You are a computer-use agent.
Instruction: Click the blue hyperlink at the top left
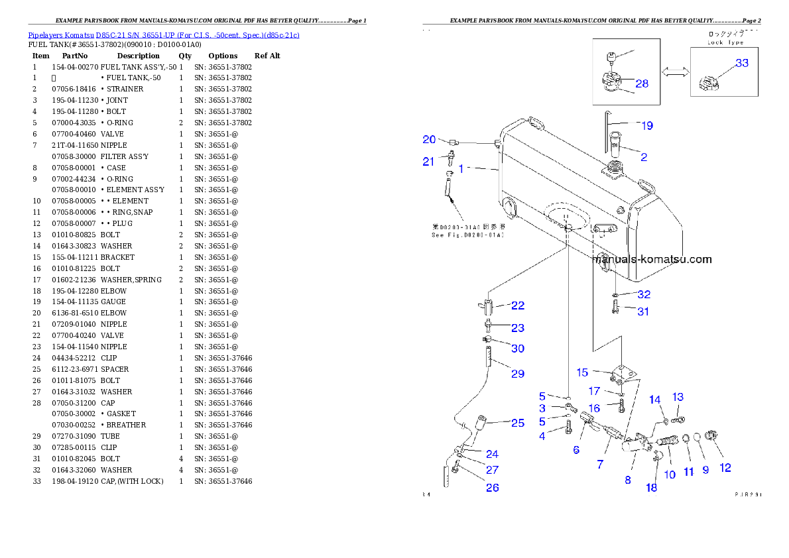pyautogui.click(x=164, y=34)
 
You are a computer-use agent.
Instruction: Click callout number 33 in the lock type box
pyautogui.click(x=741, y=63)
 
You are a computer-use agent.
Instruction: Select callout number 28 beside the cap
pyautogui.click(x=642, y=84)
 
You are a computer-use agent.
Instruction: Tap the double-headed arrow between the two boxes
pyautogui.click(x=675, y=74)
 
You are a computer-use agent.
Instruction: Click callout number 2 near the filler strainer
pyautogui.click(x=643, y=157)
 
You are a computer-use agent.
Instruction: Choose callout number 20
pyautogui.click(x=430, y=139)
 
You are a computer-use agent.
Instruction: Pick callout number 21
pyautogui.click(x=428, y=161)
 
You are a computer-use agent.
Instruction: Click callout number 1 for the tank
pyautogui.click(x=461, y=168)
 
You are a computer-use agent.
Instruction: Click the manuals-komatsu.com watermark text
pyautogui.click(x=652, y=259)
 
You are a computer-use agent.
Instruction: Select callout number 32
pyautogui.click(x=643, y=294)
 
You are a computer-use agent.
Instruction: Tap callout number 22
pyautogui.click(x=517, y=306)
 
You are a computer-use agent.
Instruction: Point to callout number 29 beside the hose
pyautogui.click(x=517, y=374)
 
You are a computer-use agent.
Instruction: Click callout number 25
pyautogui.click(x=517, y=422)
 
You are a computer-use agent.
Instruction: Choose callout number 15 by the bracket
pyautogui.click(x=581, y=372)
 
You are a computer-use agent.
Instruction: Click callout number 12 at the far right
pyautogui.click(x=725, y=468)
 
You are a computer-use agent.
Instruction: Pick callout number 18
pyautogui.click(x=652, y=487)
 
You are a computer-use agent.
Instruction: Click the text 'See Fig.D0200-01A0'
pyautogui.click(x=468, y=235)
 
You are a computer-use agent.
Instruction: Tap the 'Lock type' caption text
pyautogui.click(x=725, y=42)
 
